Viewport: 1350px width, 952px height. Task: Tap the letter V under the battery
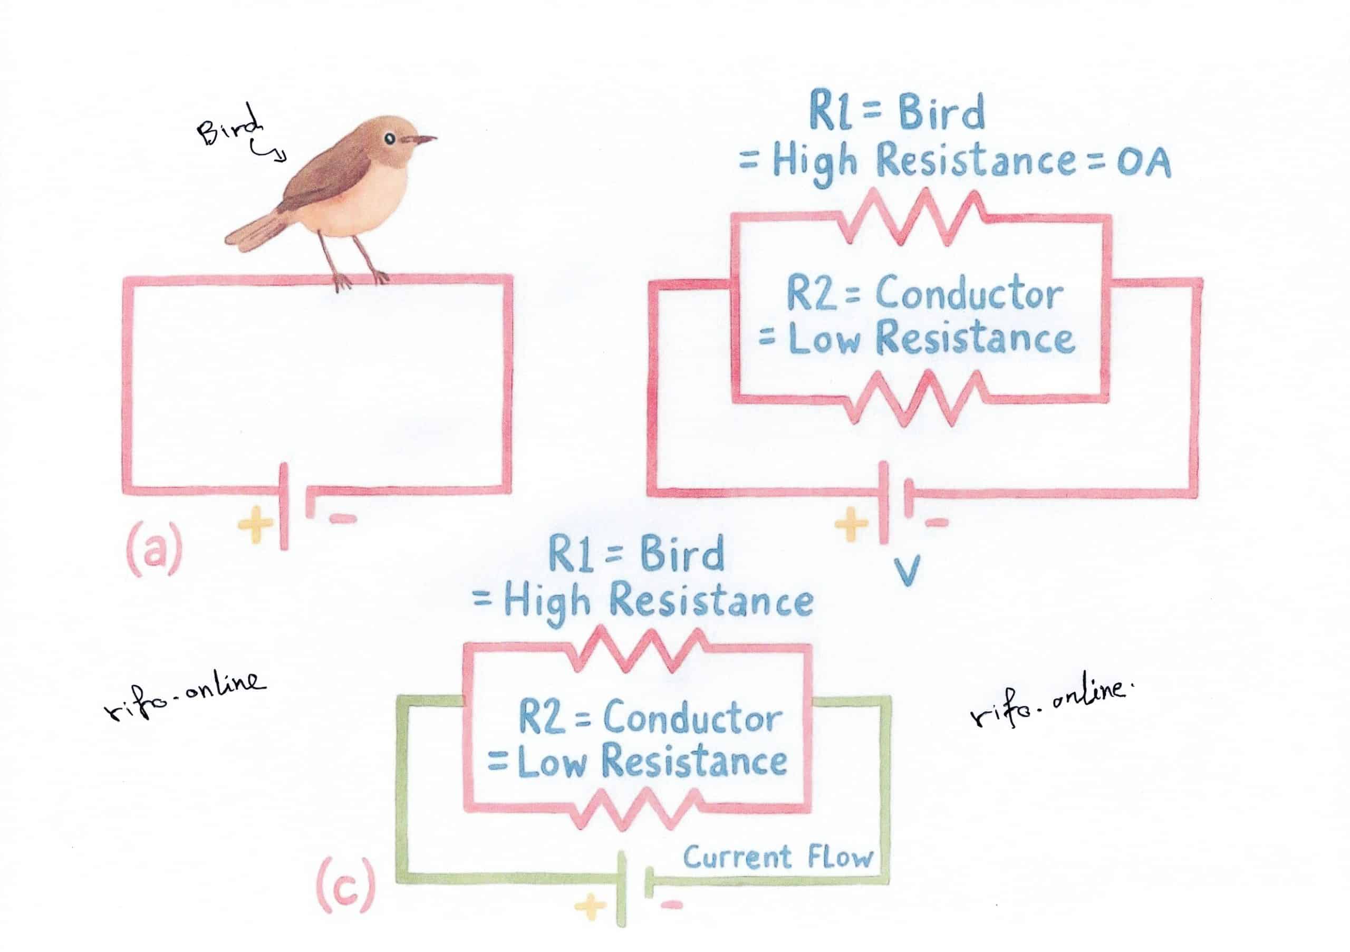point(906,569)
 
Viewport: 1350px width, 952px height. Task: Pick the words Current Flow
point(777,858)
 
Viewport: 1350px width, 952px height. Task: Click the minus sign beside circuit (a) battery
point(343,518)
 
